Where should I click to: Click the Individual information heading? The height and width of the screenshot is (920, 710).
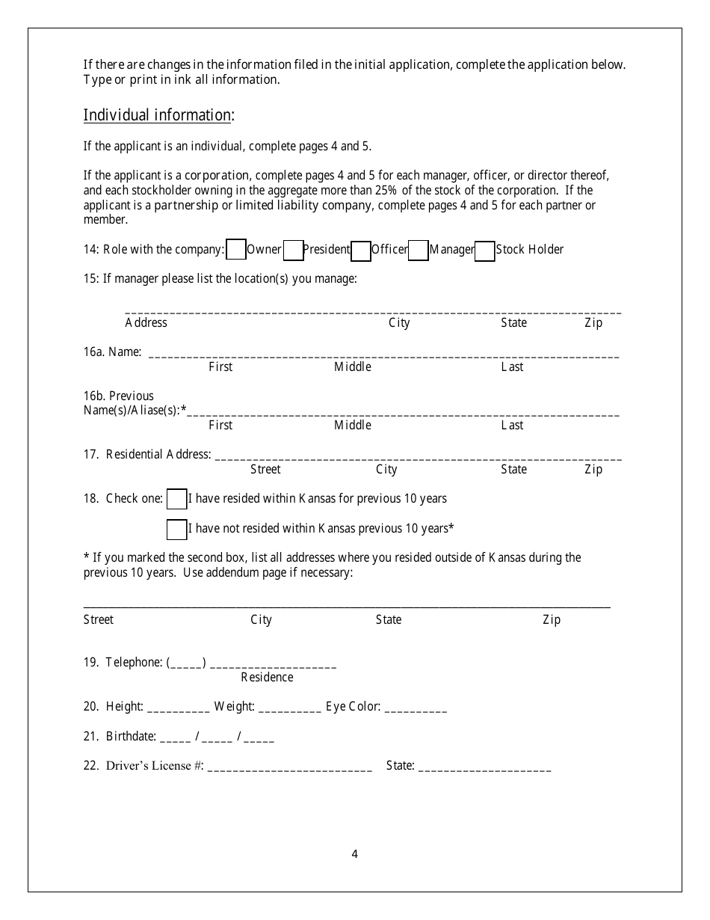click(x=158, y=115)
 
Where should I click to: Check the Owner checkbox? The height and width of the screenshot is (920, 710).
click(x=236, y=250)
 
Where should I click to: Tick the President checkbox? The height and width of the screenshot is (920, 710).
click(x=294, y=251)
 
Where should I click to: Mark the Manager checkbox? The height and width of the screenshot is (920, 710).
click(x=419, y=251)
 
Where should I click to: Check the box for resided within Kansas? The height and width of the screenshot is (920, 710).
click(x=177, y=499)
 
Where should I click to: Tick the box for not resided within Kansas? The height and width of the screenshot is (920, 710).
click(x=177, y=530)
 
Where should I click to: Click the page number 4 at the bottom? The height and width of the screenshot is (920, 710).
click(x=354, y=854)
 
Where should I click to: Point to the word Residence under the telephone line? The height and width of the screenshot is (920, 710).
click(x=267, y=678)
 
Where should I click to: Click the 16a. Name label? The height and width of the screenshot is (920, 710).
click(x=113, y=352)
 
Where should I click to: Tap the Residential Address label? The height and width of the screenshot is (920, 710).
click(x=147, y=455)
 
